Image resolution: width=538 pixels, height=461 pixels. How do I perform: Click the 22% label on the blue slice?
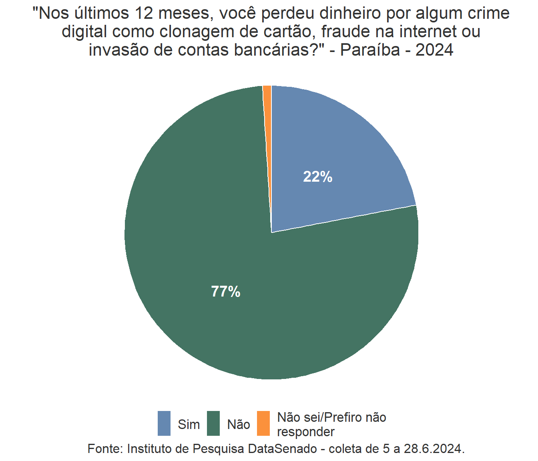click(317, 176)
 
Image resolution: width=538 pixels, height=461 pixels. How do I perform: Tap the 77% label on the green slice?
click(226, 292)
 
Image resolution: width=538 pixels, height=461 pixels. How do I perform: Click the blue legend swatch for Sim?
click(164, 423)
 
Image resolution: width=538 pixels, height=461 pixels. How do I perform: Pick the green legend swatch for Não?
click(213, 423)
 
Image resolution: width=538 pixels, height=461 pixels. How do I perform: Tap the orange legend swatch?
click(263, 423)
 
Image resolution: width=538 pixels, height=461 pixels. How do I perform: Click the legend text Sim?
click(189, 424)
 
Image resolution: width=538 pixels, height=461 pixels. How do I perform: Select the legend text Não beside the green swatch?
click(239, 424)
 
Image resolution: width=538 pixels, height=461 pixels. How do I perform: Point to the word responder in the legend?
click(305, 432)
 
